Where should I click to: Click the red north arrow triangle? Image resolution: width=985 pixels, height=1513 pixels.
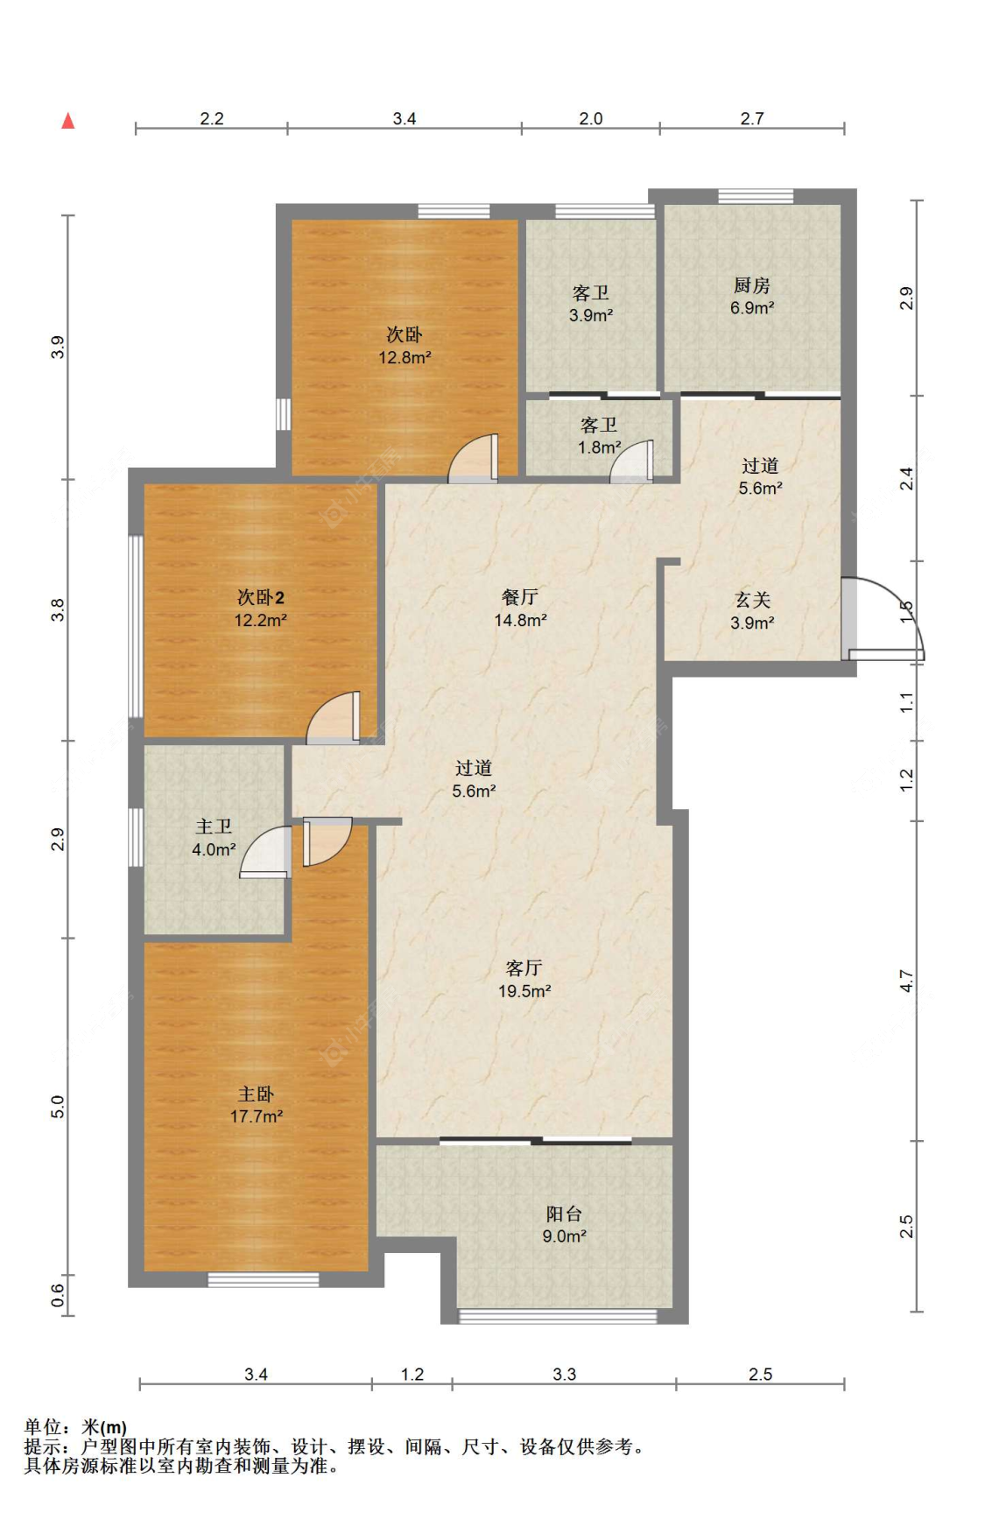pyautogui.click(x=68, y=121)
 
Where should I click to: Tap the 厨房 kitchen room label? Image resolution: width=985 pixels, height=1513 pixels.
pyautogui.click(x=751, y=285)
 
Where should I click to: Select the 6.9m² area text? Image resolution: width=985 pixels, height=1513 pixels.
pyautogui.click(x=752, y=308)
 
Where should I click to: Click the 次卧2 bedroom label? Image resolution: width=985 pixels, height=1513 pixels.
pyautogui.click(x=261, y=598)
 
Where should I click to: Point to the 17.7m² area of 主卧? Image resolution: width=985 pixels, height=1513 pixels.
pyautogui.click(x=256, y=1116)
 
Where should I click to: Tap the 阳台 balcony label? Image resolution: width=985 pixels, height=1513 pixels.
pyautogui.click(x=564, y=1214)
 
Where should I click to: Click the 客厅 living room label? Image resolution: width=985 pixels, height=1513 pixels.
pyautogui.click(x=524, y=968)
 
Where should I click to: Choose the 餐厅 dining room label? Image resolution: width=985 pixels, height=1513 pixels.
pyautogui.click(x=520, y=597)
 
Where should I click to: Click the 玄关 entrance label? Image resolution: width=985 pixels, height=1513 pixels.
pyautogui.click(x=752, y=600)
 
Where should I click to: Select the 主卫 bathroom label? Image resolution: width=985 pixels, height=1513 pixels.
pyautogui.click(x=214, y=827)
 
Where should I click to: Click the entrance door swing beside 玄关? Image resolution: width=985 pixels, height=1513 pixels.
pyautogui.click(x=884, y=617)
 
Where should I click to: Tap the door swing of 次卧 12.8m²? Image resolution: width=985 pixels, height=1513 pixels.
pyautogui.click(x=473, y=458)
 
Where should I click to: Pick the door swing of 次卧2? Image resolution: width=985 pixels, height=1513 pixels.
pyautogui.click(x=333, y=718)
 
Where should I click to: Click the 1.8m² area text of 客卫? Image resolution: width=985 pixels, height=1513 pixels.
pyautogui.click(x=599, y=447)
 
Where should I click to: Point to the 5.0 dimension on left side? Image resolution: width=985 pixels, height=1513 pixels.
pyautogui.click(x=58, y=1107)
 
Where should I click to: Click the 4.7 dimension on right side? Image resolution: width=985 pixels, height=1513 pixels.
pyautogui.click(x=907, y=981)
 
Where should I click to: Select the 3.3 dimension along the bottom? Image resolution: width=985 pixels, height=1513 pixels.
pyautogui.click(x=565, y=1374)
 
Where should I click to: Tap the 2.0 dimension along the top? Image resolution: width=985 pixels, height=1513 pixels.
pyautogui.click(x=591, y=118)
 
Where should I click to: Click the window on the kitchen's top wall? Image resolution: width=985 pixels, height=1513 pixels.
pyautogui.click(x=756, y=196)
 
